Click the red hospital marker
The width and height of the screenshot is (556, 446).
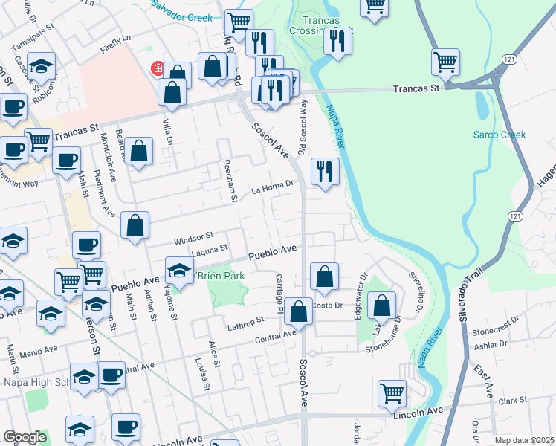tap(157, 69)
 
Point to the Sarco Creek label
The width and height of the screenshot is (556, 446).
tap(500, 135)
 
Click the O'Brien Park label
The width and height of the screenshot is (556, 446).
tap(220, 276)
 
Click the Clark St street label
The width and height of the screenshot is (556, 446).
tap(513, 401)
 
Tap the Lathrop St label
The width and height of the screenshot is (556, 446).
tap(245, 321)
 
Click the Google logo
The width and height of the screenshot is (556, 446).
tap(25, 437)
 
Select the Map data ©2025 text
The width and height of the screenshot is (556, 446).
tap(524, 440)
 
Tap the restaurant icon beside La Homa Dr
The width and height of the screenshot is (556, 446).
tap(325, 172)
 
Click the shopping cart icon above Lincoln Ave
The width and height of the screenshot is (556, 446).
tap(392, 394)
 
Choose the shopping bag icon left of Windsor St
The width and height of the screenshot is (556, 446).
tap(135, 225)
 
